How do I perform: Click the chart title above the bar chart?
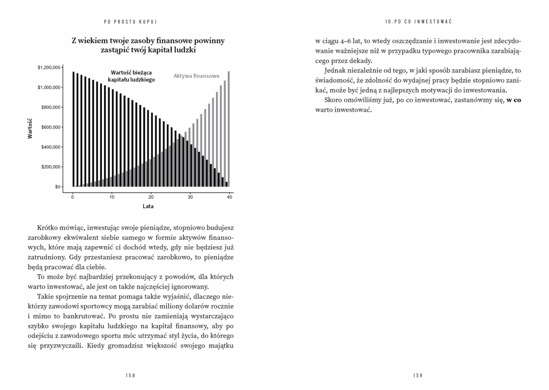point(148,45)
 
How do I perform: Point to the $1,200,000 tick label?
point(49,68)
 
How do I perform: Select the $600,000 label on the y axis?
point(51,127)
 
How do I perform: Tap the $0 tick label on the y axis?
point(57,187)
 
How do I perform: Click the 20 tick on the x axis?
point(151,197)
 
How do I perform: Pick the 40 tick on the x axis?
point(229,197)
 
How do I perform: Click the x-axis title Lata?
point(149,206)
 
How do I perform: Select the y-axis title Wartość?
point(30,129)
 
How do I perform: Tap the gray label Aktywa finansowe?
point(196,76)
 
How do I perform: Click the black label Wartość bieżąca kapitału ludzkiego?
point(131,76)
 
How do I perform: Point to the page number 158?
point(130,376)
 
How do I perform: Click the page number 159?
point(418,376)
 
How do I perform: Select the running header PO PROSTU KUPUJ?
point(133,21)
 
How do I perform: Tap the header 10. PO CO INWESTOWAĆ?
point(418,21)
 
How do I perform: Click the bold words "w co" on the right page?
point(514,100)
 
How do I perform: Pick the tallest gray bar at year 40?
point(229,129)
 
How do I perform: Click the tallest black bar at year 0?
point(73,129)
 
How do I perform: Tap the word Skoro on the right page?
point(335,100)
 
